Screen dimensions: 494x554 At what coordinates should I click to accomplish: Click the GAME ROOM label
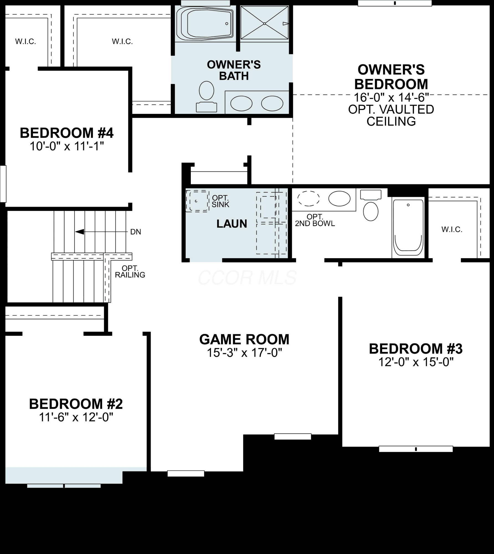coord(244,339)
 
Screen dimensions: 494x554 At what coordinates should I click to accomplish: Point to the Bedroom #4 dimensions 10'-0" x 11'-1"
coord(67,146)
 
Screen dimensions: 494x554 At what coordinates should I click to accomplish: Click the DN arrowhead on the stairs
coord(80,232)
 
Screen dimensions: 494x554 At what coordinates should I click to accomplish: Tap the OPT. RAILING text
coord(130,271)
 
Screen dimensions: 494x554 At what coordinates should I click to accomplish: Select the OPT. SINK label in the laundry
coord(220,201)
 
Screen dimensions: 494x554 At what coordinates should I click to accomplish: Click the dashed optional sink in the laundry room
coord(197,201)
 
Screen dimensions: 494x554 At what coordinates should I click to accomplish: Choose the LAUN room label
coord(232,224)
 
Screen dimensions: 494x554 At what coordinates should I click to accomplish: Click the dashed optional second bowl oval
coord(308,198)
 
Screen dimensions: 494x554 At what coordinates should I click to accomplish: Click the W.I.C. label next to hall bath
coord(452,229)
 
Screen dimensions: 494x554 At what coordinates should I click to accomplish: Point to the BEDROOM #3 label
coord(416,349)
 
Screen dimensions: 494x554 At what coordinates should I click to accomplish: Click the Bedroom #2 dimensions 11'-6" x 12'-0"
coord(76,417)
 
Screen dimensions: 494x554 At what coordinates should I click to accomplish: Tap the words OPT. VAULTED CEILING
coord(391,115)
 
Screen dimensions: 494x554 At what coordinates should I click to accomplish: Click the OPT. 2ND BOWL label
coord(315,220)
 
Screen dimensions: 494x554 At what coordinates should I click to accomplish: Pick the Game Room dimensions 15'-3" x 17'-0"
coord(244,353)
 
